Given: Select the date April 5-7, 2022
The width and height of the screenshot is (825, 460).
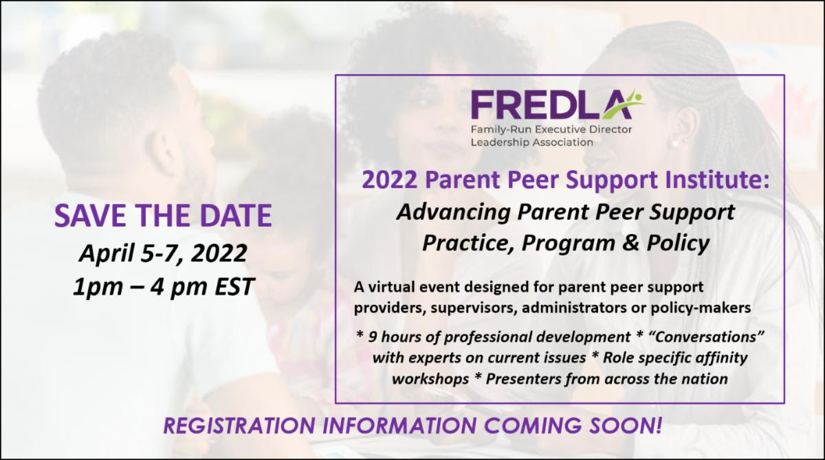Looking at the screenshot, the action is (x=163, y=253).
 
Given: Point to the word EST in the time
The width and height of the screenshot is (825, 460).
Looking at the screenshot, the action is (x=234, y=286).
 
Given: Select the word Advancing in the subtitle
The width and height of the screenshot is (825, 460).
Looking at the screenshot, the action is (x=453, y=212).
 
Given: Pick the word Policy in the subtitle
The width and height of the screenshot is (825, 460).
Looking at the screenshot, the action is (x=678, y=244).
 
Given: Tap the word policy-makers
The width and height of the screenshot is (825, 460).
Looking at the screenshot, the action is (x=701, y=308).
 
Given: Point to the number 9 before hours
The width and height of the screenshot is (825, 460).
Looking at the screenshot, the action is (x=373, y=337).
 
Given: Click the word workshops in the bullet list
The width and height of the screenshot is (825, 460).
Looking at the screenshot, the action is (x=430, y=379).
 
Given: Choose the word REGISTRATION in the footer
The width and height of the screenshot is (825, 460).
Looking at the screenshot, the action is (x=239, y=426).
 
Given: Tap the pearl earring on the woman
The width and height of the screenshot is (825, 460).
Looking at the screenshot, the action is (x=674, y=143).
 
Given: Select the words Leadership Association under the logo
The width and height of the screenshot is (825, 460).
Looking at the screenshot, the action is (x=532, y=142).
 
